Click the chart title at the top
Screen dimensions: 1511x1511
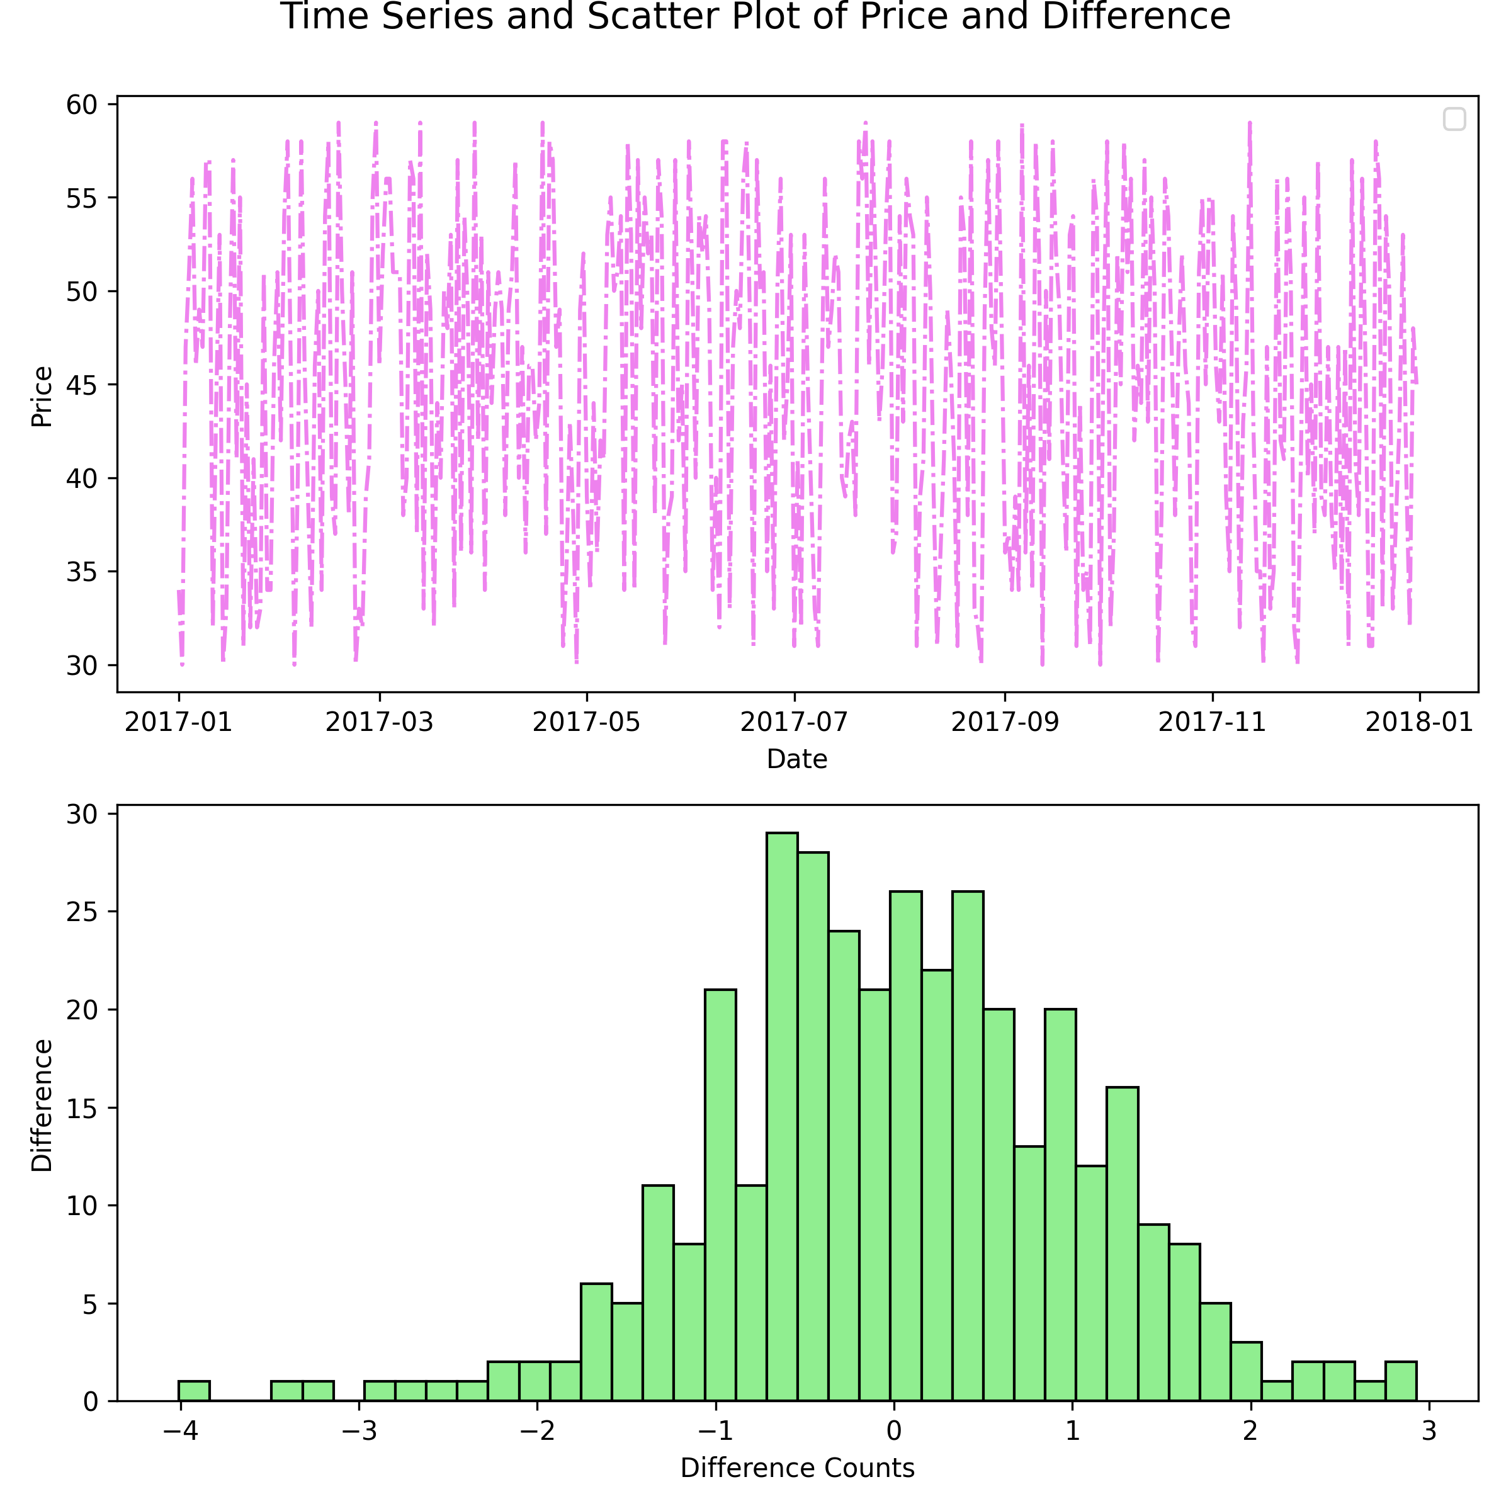(x=756, y=17)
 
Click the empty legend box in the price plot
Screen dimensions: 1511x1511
(x=1454, y=119)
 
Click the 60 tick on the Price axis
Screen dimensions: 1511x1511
(x=81, y=105)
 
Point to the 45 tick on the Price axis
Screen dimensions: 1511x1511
(x=81, y=385)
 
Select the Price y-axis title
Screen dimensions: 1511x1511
(x=42, y=397)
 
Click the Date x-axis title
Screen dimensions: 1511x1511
(x=797, y=759)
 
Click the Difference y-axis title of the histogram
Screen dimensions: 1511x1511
(x=42, y=1105)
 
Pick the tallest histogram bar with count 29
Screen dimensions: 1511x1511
(x=782, y=1118)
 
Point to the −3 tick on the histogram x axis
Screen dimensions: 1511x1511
(x=359, y=1431)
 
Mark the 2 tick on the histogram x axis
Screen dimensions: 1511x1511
(x=1250, y=1431)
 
